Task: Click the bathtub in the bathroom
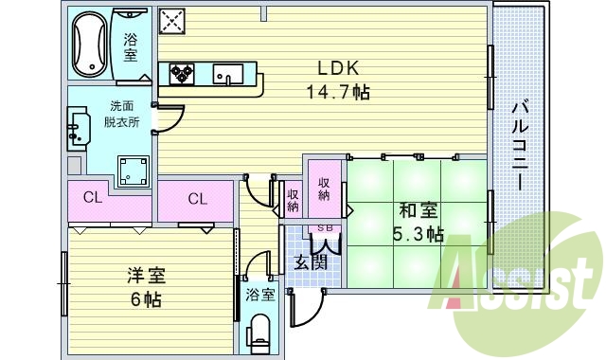[93, 45]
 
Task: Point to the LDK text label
[336, 68]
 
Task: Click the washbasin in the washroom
[78, 130]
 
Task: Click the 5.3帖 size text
[417, 234]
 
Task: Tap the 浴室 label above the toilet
[259, 295]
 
